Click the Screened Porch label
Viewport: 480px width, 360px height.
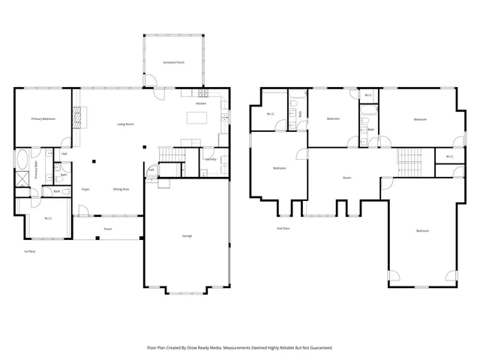click(174, 63)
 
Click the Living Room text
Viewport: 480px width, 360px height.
click(124, 124)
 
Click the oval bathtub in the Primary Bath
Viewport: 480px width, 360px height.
click(22, 160)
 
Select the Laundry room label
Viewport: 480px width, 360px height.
click(210, 159)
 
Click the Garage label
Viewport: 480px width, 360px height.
click(187, 236)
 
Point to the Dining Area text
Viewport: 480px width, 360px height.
click(121, 189)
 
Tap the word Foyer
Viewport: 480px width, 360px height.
click(86, 189)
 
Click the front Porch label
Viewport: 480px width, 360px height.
click(108, 229)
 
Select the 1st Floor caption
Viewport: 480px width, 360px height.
click(30, 251)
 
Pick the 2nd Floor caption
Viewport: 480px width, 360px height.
click(283, 227)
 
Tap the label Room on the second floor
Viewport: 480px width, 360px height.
click(346, 178)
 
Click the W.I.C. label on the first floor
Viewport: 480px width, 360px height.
click(47, 218)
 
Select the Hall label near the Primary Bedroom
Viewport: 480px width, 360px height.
click(64, 154)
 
